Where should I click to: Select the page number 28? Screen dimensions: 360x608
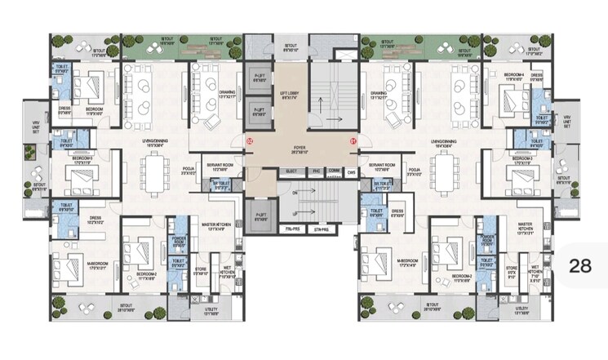[580, 265]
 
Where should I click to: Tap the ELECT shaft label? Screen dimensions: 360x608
[291, 171]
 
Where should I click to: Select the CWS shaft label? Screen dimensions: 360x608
[351, 171]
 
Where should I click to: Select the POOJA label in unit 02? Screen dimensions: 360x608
[187, 171]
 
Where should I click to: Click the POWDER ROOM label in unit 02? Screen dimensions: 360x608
[180, 242]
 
